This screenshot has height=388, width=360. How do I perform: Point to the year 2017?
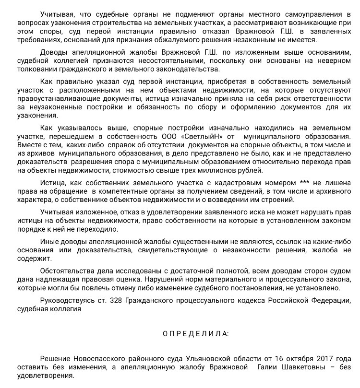pos(327,359)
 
